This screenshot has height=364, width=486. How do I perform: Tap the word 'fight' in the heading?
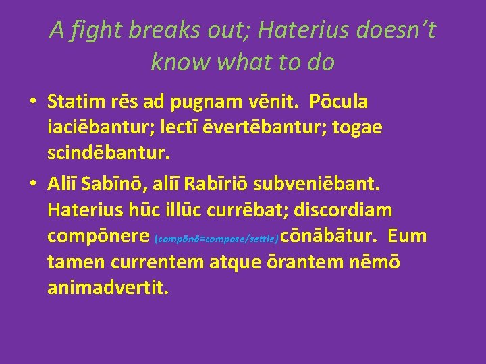[x=92, y=30]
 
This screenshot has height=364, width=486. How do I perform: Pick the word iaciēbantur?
[x=102, y=128]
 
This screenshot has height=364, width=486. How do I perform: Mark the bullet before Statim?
[x=32, y=103]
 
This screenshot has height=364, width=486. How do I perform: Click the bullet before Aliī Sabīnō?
[x=32, y=184]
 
